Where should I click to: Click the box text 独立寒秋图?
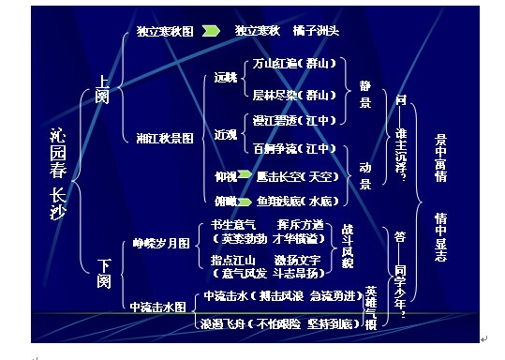(x=164, y=31)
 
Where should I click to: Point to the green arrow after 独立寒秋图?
(x=212, y=31)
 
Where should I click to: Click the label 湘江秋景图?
(x=165, y=138)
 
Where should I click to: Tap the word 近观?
(x=225, y=134)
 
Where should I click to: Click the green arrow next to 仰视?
(x=245, y=174)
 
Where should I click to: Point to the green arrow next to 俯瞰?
(x=245, y=200)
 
